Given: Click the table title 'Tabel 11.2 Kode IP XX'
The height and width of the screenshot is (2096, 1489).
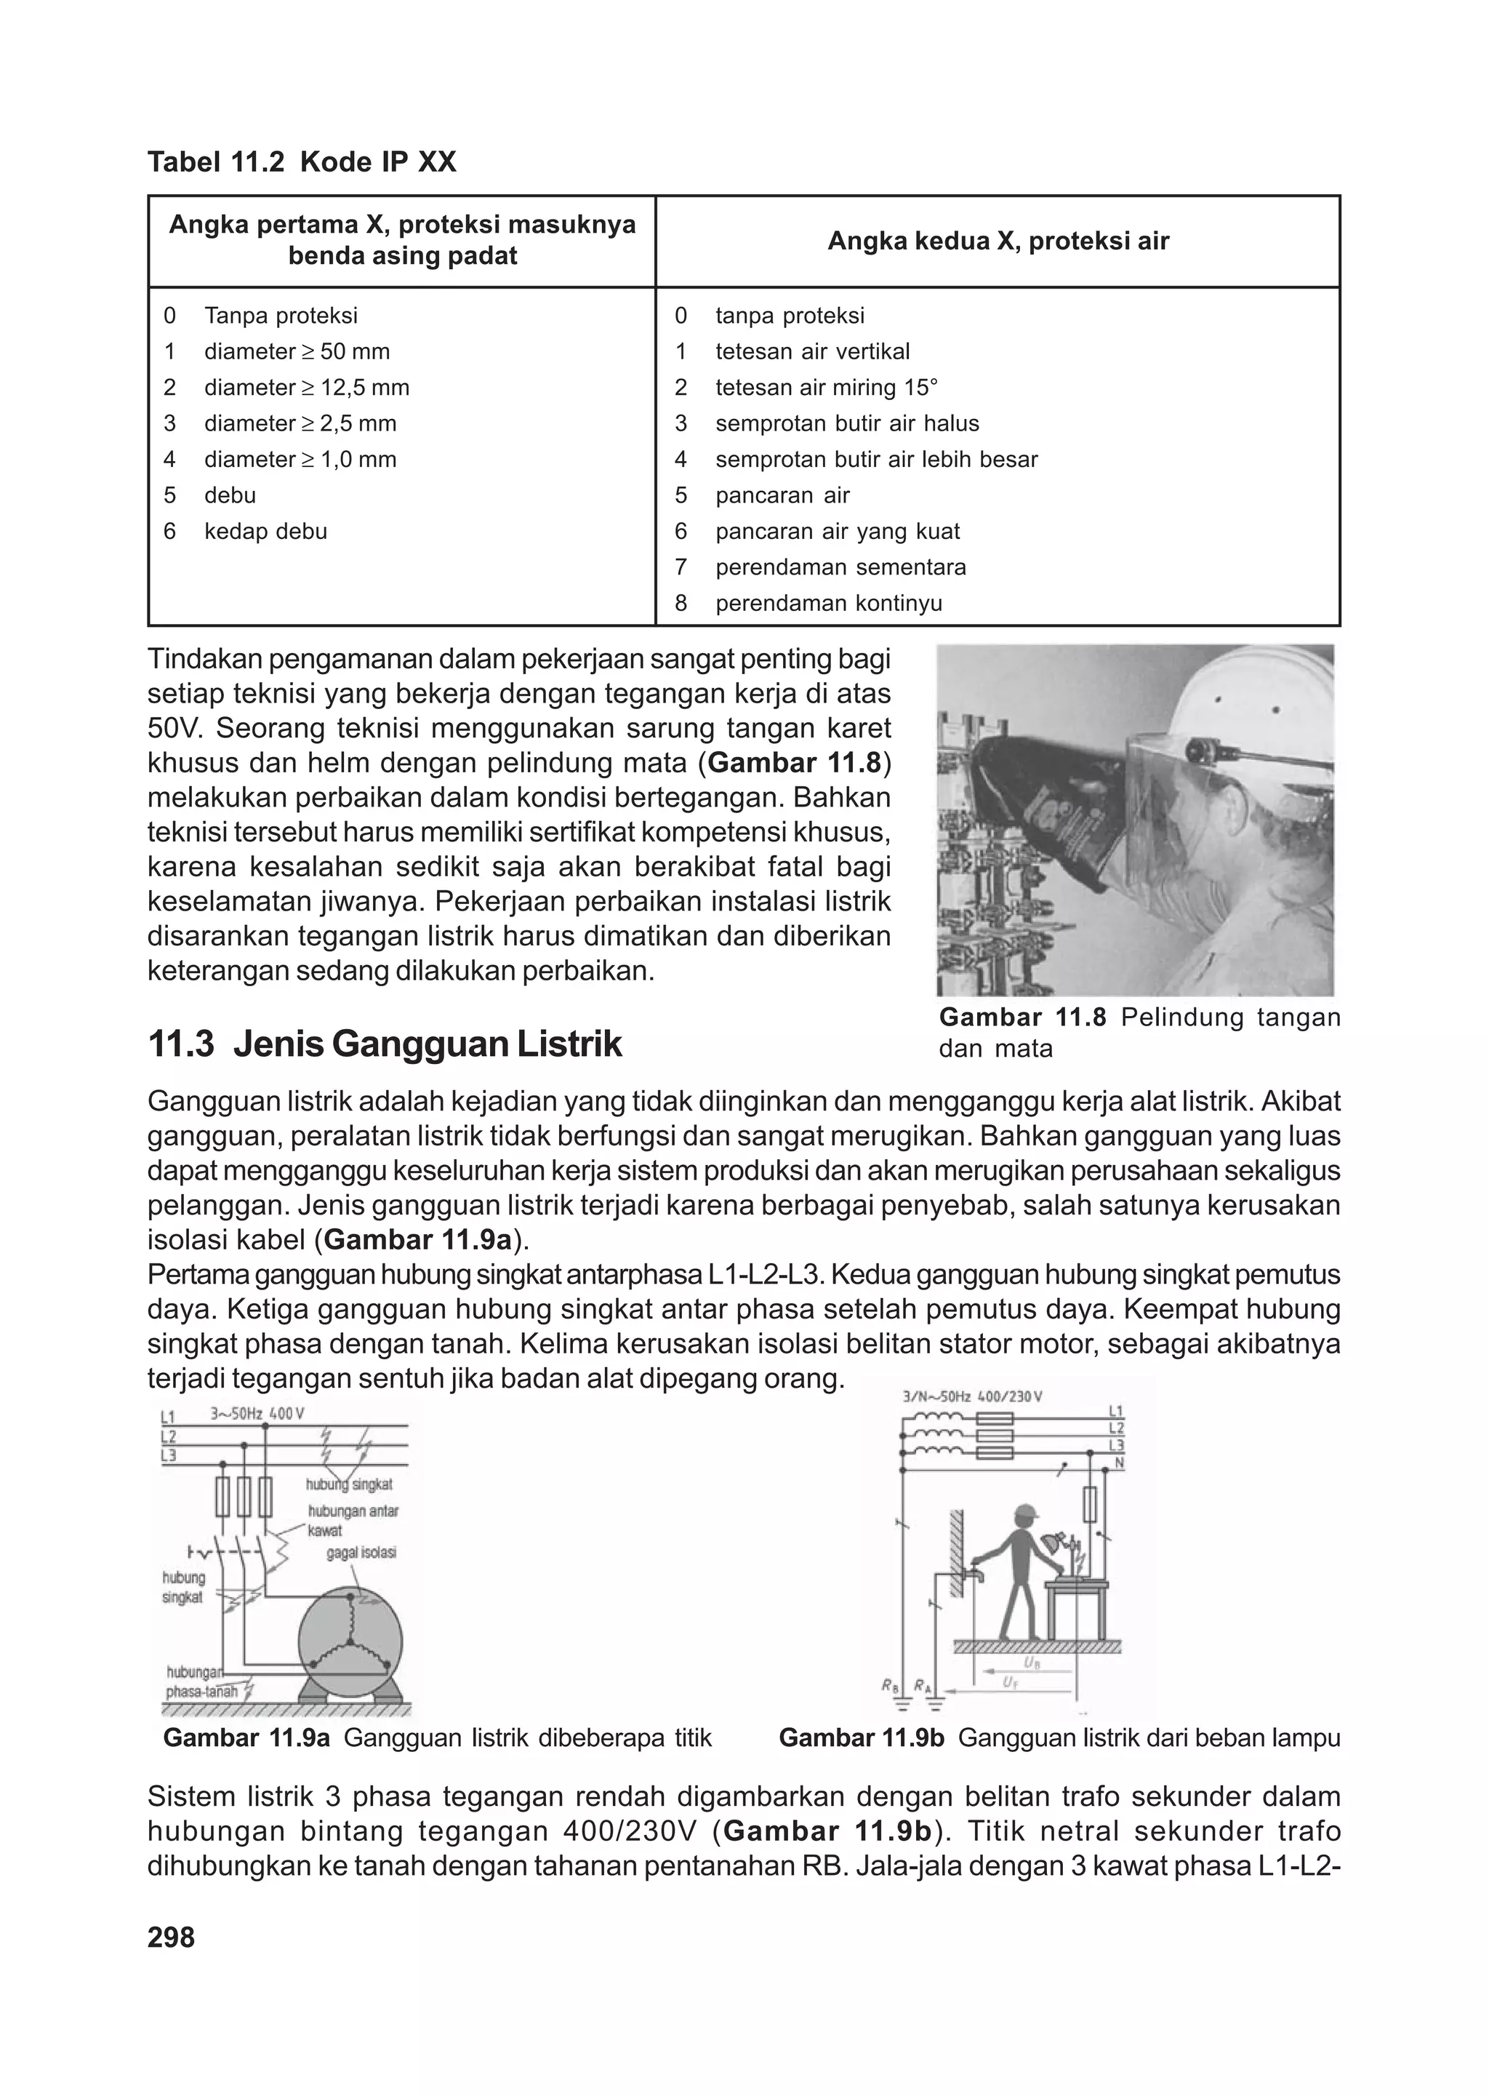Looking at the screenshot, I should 302,162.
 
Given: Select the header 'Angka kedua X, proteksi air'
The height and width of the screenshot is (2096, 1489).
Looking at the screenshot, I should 998,241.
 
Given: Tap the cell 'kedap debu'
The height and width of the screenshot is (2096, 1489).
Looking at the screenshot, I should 265,531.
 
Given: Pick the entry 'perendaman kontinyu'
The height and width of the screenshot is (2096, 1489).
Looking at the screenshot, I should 828,604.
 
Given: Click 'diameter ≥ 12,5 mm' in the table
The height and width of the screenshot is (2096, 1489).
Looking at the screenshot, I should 306,387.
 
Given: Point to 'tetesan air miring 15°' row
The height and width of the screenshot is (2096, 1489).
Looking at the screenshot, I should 826,387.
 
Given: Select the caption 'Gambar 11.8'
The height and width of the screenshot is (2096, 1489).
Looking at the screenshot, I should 1022,1017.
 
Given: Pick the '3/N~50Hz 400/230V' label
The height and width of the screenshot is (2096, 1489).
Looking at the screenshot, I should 973,1397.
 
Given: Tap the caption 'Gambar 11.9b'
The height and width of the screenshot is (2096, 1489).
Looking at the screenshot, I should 861,1737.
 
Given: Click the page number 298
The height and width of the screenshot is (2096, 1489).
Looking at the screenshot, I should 172,1937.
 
